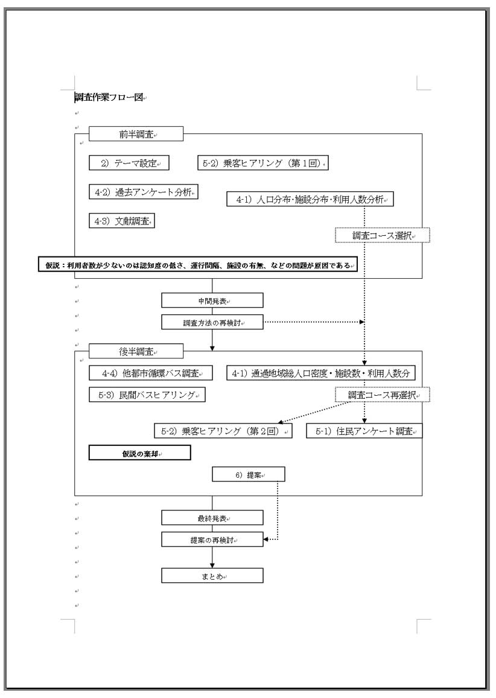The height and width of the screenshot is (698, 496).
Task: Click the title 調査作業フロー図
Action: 109,97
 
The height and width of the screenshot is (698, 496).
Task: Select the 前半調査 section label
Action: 136,134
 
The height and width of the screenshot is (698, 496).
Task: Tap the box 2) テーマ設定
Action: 129,163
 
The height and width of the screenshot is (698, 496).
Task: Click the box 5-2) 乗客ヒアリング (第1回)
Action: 262,163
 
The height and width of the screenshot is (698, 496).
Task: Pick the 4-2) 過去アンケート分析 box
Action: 144,192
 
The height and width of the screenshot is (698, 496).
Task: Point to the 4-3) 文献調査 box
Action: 121,221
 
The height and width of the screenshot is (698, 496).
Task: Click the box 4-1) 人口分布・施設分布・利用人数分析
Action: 310,199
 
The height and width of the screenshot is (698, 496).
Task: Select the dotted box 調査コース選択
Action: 382,235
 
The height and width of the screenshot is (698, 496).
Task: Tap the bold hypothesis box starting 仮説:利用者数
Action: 198,265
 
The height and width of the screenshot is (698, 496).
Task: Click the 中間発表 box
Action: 212,300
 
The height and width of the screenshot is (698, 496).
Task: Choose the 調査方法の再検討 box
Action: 212,323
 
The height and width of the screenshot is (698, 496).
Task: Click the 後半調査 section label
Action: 136,351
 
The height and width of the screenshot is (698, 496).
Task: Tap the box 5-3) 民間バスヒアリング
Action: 147,395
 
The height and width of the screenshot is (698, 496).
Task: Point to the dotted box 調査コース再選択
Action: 382,395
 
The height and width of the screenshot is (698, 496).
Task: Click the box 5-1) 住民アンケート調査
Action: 364,431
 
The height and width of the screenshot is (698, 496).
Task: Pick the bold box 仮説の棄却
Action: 140,453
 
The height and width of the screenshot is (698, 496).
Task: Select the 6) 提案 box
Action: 249,475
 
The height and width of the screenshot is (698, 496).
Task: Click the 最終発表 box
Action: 212,518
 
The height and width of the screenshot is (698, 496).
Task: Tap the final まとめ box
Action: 212,576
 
